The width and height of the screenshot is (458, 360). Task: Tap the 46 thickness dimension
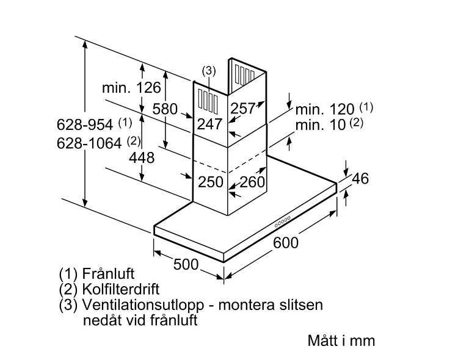pos(361,179)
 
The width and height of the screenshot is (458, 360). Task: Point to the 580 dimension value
pos(165,109)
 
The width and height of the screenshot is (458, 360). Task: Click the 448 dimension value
pos(142,157)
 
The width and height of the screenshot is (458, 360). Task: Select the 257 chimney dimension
pos(243,109)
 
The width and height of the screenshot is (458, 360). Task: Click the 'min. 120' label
pos(325,110)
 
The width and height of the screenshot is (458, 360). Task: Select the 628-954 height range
pos(85,125)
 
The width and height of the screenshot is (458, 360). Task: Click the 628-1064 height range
pos(89,144)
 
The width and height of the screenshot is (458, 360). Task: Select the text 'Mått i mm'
pos(341,340)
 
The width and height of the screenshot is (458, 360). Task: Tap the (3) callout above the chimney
pos(209,71)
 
